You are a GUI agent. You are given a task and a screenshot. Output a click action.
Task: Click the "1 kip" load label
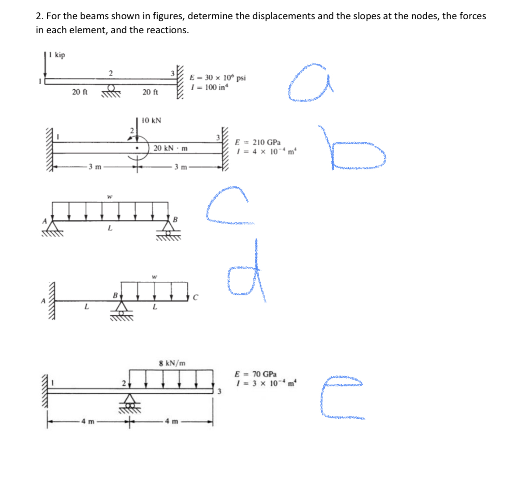click(x=57, y=55)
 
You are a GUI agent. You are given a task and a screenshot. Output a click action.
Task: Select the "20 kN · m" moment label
click(x=170, y=148)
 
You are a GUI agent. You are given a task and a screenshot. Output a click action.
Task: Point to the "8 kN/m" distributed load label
click(x=172, y=363)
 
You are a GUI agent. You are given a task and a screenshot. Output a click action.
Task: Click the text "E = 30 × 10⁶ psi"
click(x=217, y=78)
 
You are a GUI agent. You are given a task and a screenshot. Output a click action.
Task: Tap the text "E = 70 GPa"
click(x=256, y=374)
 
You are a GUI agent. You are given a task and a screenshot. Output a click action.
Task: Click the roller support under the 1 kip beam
click(x=111, y=90)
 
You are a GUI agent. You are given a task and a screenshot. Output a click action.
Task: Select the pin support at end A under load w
click(x=53, y=227)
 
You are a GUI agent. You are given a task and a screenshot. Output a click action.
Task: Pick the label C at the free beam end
click(x=196, y=298)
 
